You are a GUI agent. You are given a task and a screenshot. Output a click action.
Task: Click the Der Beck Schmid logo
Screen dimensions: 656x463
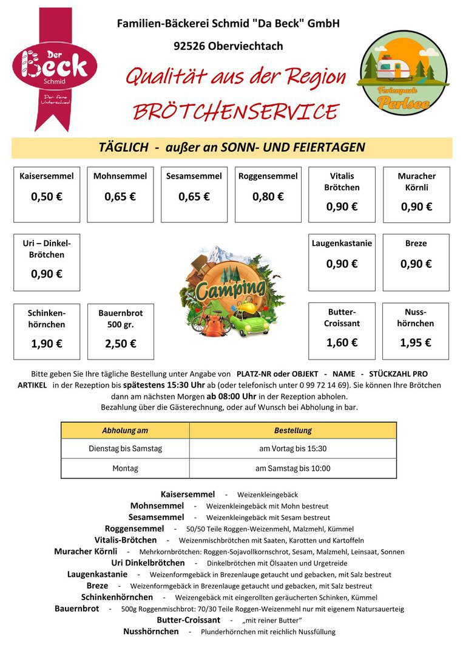[54, 68]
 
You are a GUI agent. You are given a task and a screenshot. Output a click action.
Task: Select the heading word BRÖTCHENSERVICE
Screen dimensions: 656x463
[235, 112]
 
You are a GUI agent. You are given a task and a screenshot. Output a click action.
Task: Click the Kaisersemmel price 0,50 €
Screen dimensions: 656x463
[47, 197]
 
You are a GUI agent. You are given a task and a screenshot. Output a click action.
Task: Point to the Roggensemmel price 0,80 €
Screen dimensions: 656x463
[268, 197]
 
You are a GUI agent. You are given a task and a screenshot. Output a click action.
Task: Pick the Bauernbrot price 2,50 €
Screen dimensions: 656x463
[120, 344]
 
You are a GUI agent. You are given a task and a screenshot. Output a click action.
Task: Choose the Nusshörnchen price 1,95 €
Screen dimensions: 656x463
[416, 343]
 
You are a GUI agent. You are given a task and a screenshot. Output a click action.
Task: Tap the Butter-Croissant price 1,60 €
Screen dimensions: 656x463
[342, 343]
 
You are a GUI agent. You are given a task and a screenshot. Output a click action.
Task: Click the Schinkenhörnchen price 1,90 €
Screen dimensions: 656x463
[47, 344]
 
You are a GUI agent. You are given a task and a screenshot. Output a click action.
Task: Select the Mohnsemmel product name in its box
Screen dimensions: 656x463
[120, 176]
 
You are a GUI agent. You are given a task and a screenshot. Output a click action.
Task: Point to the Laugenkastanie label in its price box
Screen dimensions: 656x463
[342, 244]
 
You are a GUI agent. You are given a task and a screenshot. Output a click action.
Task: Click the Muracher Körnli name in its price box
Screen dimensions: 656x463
[416, 182]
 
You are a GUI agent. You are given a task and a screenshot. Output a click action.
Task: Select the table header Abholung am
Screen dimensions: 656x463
[125, 431]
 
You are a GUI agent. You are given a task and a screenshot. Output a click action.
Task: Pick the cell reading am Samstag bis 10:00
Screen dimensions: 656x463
[293, 468]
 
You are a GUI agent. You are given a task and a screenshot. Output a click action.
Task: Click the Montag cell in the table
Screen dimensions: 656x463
[125, 468]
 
